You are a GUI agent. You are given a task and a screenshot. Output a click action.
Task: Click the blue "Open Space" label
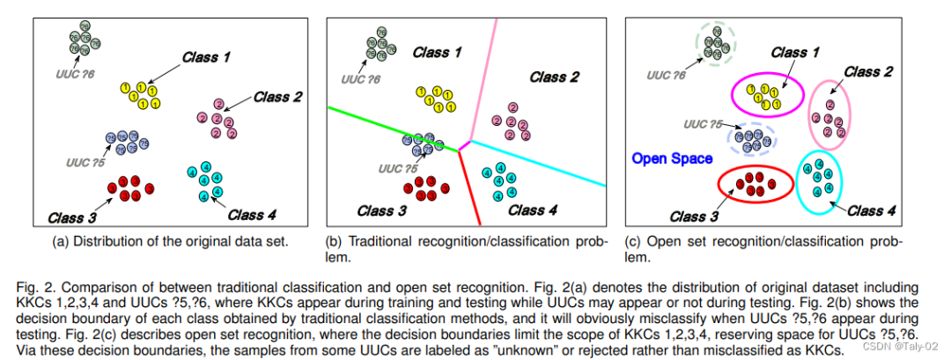[672, 159]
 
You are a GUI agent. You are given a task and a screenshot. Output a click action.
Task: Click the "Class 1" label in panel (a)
[206, 58]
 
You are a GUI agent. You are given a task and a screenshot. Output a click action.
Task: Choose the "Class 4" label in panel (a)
[251, 214]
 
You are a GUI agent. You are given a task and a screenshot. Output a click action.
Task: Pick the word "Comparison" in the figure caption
[97, 287]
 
